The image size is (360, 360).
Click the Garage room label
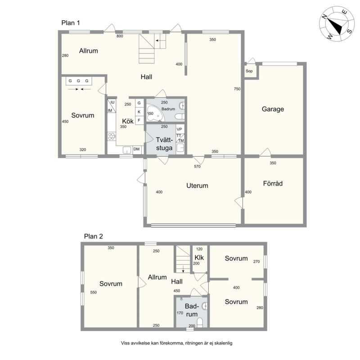pos(273,109)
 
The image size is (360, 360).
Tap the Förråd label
pos(273,184)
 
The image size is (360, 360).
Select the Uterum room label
pos(197,185)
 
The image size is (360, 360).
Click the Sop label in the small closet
pos(249,71)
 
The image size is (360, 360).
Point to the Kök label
pos(128,121)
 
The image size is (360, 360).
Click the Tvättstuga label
pos(164,144)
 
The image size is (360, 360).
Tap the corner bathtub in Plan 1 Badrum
pos(156,113)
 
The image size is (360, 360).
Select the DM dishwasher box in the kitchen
pos(137,149)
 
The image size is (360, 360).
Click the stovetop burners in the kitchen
pos(112,136)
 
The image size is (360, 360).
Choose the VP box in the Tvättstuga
pos(180,129)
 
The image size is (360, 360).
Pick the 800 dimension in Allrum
pos(120,36)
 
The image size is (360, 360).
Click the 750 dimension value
pos(237,89)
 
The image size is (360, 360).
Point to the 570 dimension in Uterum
pos(197,166)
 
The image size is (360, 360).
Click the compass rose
pos(337,24)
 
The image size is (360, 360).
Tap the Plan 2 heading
pos(94,236)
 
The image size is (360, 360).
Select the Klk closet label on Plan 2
pos(199,257)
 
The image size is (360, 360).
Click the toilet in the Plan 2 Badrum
pos(200,322)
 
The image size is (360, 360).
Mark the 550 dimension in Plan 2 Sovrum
pos(94,292)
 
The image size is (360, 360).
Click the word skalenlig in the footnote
pos(223,343)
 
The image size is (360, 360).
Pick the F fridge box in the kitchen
pos(139,120)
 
